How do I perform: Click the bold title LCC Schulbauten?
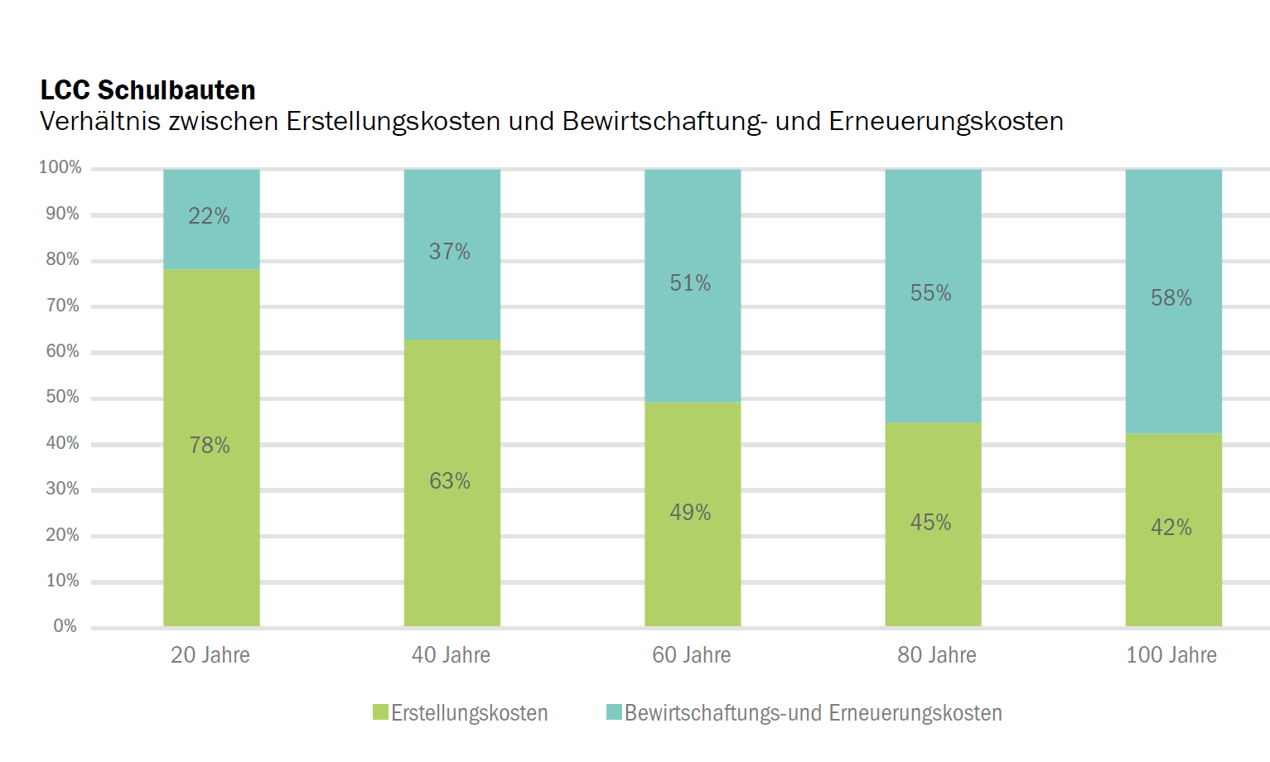[147, 89]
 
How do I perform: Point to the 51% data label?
[690, 283]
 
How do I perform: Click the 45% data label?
[930, 523]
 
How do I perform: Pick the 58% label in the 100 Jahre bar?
[1171, 298]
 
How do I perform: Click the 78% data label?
[210, 446]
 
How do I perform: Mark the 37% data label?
[449, 252]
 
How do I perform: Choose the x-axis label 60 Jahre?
[691, 655]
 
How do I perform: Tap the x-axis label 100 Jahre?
[1171, 655]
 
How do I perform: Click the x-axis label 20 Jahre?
[210, 655]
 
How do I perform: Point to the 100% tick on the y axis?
[60, 167]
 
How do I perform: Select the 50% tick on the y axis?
[63, 397]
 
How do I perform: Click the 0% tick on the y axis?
[65, 626]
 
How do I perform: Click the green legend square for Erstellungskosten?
[380, 712]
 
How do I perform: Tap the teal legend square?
[614, 712]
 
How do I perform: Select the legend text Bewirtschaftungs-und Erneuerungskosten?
[813, 713]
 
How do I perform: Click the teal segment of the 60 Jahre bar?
[693, 348]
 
